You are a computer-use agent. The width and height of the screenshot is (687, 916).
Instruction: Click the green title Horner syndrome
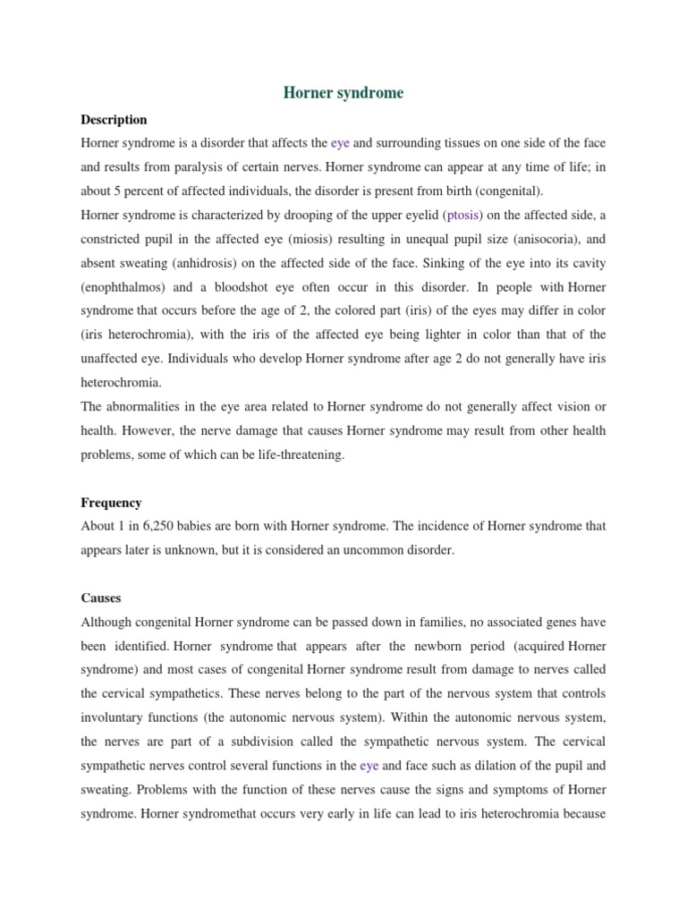pos(343,93)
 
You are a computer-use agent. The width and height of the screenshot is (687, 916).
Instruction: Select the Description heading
pos(114,119)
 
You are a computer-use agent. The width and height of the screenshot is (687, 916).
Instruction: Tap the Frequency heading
pos(111,503)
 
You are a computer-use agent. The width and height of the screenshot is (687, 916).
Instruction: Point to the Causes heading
pos(101,598)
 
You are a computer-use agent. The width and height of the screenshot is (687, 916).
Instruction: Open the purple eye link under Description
pos(340,142)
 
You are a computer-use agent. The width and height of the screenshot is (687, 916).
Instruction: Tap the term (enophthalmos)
pos(124,287)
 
